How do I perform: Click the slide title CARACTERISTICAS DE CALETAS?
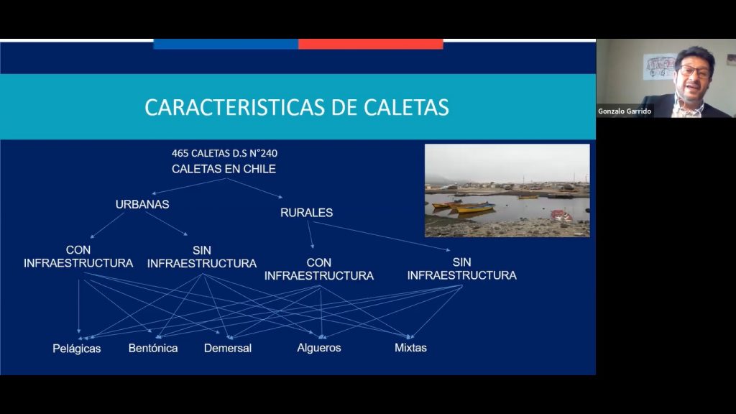tap(297, 107)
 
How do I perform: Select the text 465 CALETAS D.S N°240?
tap(224, 153)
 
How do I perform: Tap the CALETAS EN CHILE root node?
tap(224, 169)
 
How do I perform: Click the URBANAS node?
tap(142, 204)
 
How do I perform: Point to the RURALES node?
tap(306, 213)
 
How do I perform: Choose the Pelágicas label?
tap(77, 349)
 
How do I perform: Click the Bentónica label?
tap(153, 348)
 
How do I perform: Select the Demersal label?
tap(228, 348)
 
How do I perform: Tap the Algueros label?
tap(319, 347)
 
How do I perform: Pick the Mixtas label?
tap(410, 347)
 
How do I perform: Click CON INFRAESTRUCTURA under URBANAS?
tap(78, 257)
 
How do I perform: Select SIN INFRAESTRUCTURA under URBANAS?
tap(202, 257)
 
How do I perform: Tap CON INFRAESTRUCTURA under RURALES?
tap(319, 269)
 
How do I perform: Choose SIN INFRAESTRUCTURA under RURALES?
tap(461, 268)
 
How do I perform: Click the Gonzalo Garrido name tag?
tap(625, 111)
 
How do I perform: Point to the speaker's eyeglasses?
tap(694, 71)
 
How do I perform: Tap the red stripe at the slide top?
tap(370, 44)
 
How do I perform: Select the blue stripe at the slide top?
tap(226, 44)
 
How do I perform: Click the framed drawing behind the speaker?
tap(661, 67)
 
